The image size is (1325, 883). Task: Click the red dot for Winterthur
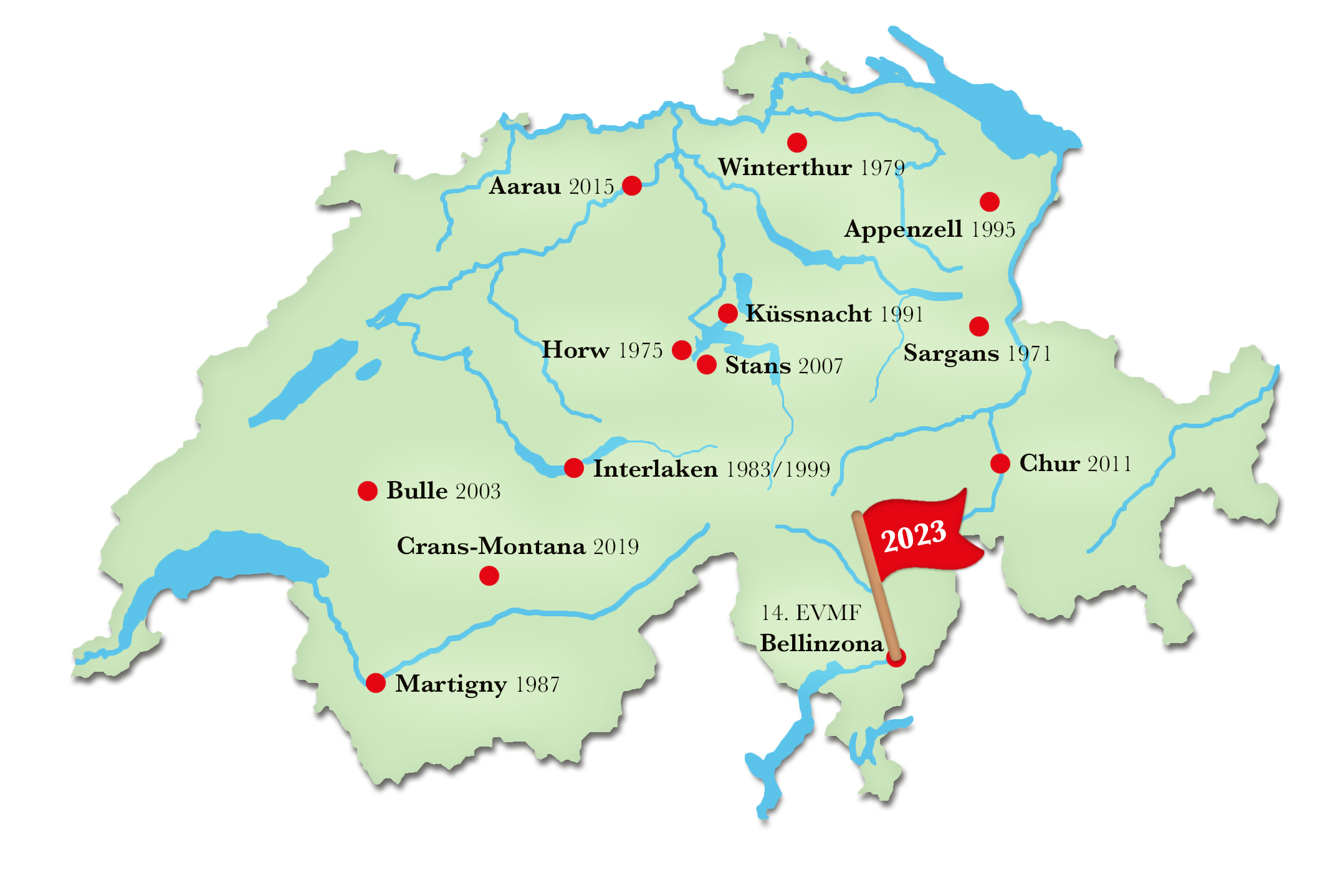pyautogui.click(x=796, y=142)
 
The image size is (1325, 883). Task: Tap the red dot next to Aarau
pyautogui.click(x=631, y=185)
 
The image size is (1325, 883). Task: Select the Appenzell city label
pyautogui.click(x=903, y=229)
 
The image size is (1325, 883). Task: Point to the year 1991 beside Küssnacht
pyautogui.click(x=901, y=314)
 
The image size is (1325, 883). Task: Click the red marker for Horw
pyautogui.click(x=682, y=350)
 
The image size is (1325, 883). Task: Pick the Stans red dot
pyautogui.click(x=706, y=365)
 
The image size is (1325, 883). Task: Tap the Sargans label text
pyautogui.click(x=951, y=353)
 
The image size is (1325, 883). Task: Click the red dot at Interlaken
pyautogui.click(x=573, y=467)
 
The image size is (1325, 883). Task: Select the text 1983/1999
pyautogui.click(x=778, y=469)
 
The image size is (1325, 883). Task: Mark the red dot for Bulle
pyautogui.click(x=367, y=490)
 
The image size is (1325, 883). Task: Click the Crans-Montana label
pyautogui.click(x=491, y=547)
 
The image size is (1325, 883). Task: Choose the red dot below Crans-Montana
pyautogui.click(x=489, y=576)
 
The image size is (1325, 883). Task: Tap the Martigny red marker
pyautogui.click(x=375, y=683)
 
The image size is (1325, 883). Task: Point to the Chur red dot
pyautogui.click(x=1000, y=464)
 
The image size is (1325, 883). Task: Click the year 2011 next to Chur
pyautogui.click(x=1109, y=464)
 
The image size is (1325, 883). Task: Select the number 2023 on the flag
pyautogui.click(x=914, y=535)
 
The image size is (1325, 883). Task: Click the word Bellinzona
pyautogui.click(x=821, y=643)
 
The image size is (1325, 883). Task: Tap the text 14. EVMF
pyautogui.click(x=811, y=613)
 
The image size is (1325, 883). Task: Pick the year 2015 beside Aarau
pyautogui.click(x=591, y=186)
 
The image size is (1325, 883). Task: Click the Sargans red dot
pyautogui.click(x=978, y=326)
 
